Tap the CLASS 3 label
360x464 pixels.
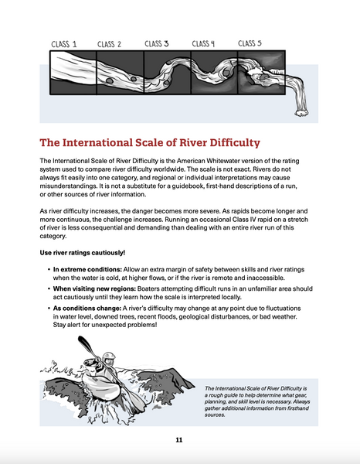coord(158,44)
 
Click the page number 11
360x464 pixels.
coord(179,440)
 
